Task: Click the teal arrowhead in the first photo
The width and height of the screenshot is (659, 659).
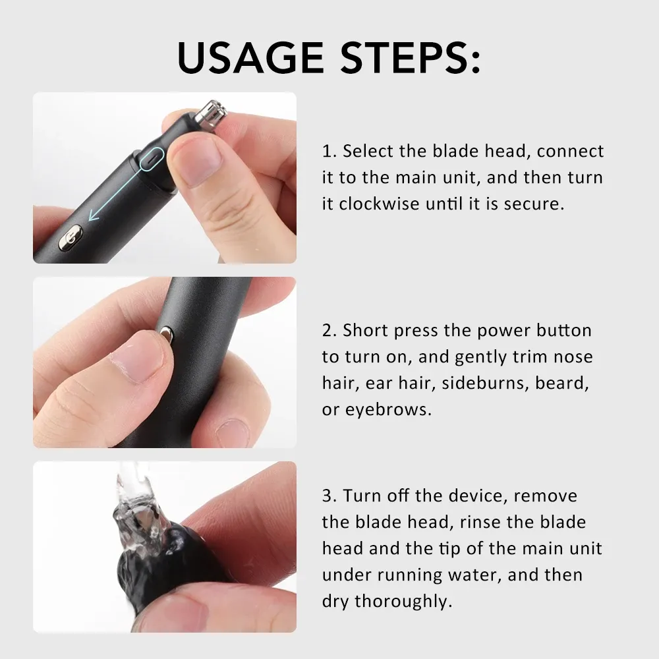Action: [x=93, y=215]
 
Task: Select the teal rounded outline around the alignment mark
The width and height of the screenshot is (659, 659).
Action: [x=152, y=159]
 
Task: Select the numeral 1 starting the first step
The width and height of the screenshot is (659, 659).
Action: [x=327, y=152]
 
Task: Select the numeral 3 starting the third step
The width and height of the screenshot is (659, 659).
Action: [x=328, y=496]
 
